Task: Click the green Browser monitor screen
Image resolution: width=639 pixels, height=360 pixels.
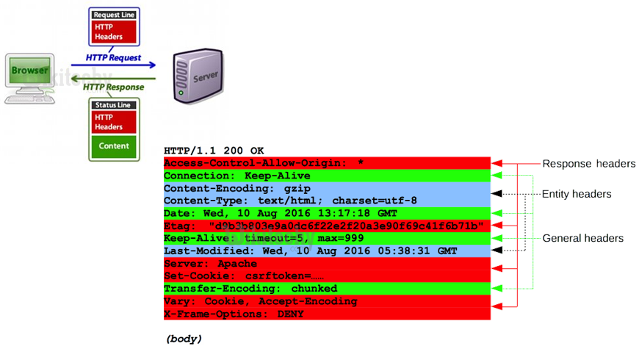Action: [x=30, y=72]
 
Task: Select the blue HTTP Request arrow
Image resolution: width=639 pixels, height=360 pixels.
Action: [x=113, y=65]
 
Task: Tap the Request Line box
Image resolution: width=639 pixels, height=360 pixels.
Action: [x=113, y=15]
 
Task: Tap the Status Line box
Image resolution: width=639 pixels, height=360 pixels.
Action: [x=113, y=105]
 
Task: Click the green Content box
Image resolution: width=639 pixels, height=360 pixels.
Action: [x=113, y=146]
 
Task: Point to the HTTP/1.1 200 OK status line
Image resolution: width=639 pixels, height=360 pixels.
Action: [x=214, y=151]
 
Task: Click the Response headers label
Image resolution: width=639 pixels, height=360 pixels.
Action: [x=588, y=164]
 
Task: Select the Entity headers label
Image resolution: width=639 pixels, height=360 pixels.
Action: [x=577, y=194]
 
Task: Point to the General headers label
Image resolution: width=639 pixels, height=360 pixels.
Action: [x=582, y=238]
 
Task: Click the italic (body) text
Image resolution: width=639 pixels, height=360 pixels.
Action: [x=183, y=339]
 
